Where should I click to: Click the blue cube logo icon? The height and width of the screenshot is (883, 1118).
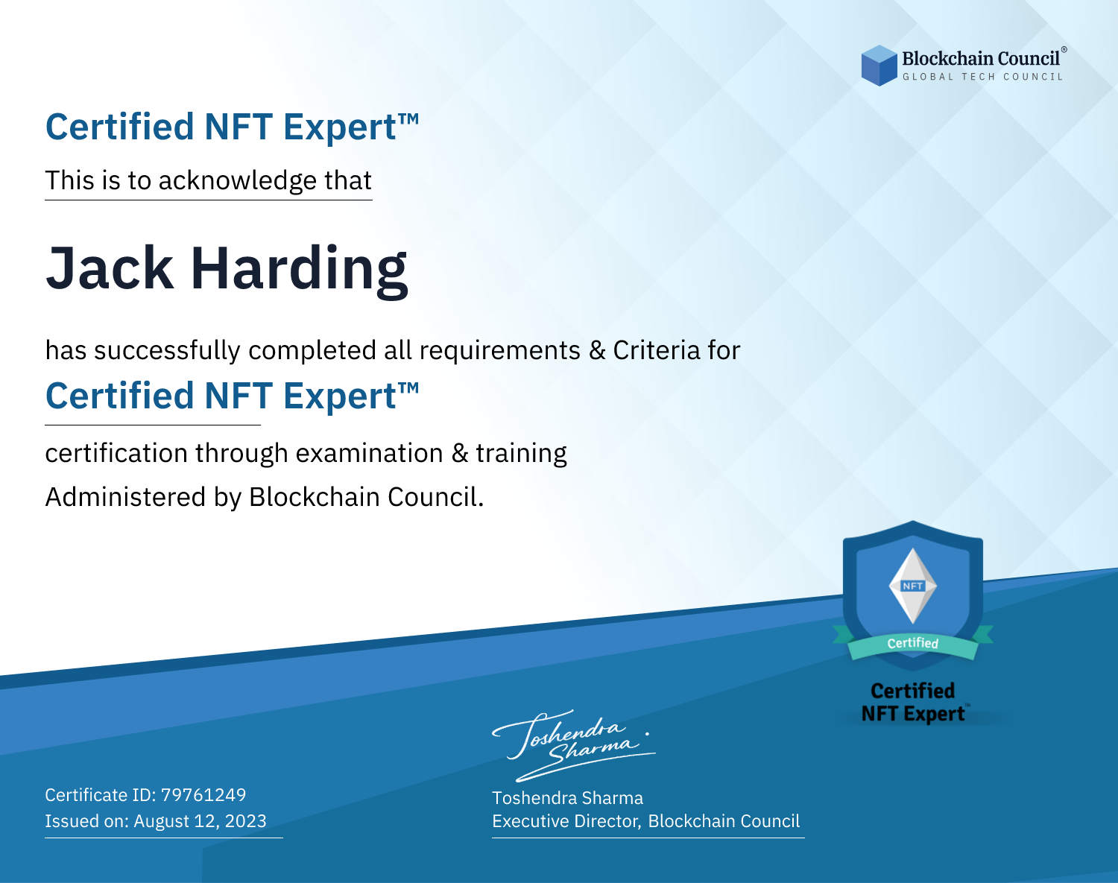click(x=879, y=66)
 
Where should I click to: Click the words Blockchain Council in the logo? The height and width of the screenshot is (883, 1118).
click(x=981, y=58)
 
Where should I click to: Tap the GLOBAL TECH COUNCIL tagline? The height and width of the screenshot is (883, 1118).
click(x=982, y=77)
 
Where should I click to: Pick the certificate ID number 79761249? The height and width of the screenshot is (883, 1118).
click(x=203, y=794)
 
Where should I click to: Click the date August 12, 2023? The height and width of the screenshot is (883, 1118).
click(x=200, y=820)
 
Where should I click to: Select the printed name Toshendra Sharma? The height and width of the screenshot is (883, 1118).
click(x=567, y=798)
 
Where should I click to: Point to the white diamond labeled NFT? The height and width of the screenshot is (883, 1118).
click(x=913, y=586)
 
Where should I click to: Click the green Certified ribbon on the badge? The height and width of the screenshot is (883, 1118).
click(x=913, y=644)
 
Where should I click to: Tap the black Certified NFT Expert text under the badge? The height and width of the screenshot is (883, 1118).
click(x=913, y=702)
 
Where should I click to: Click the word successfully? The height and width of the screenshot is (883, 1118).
click(x=167, y=351)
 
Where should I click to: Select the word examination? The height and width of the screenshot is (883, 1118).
click(x=370, y=453)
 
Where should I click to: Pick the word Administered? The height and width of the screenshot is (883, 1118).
click(x=125, y=496)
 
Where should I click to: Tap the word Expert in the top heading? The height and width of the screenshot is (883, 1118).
click(x=341, y=127)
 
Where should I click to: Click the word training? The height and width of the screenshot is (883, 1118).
click(x=521, y=454)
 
